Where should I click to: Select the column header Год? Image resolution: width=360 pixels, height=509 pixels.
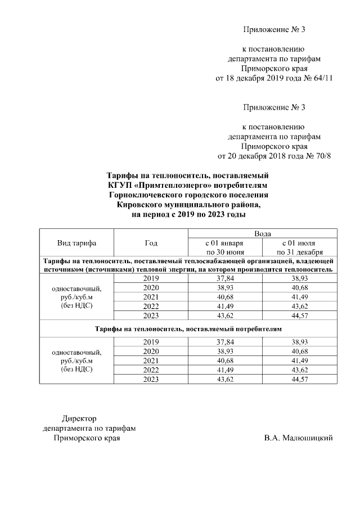click(x=151, y=243)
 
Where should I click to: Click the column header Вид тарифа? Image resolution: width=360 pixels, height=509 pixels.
click(x=76, y=243)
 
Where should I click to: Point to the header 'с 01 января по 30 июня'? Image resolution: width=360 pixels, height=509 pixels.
click(x=225, y=247)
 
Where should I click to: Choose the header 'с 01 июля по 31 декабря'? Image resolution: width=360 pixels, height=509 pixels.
click(x=300, y=247)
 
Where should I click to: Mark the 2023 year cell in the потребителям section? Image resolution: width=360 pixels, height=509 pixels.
click(x=151, y=380)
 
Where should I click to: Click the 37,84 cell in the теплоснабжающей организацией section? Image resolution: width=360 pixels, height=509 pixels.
click(x=225, y=278)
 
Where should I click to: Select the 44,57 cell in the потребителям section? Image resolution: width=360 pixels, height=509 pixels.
click(x=300, y=380)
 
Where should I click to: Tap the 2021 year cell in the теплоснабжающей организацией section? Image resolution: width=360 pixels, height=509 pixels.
click(x=151, y=296)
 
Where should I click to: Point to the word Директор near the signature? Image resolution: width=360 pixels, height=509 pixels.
click(x=79, y=418)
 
